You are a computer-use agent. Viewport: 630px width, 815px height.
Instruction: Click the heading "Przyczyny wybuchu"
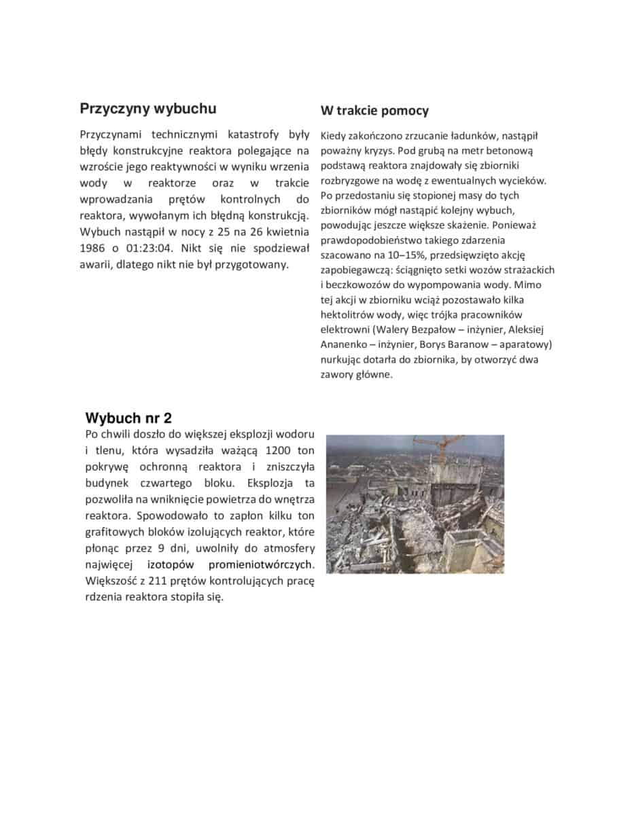point(148,109)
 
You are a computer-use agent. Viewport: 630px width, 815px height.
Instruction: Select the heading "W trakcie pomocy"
point(374,111)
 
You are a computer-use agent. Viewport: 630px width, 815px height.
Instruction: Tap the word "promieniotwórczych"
point(261,565)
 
